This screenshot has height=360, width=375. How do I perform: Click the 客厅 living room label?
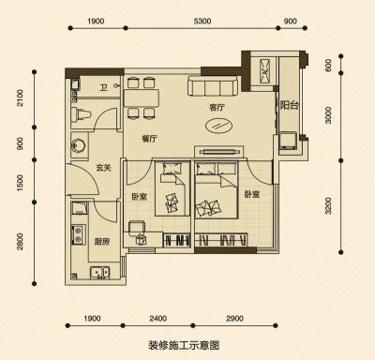(x=217, y=108)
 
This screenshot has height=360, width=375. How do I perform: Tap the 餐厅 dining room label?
(x=149, y=139)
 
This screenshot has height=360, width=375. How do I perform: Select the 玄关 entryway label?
(x=103, y=168)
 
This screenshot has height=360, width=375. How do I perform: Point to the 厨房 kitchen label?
(x=102, y=241)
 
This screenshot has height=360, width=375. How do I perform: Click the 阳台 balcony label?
(x=290, y=105)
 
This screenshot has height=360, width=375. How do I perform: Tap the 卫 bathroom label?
(x=103, y=88)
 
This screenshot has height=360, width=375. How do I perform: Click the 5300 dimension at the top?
(x=202, y=22)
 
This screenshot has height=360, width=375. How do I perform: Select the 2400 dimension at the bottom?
(x=157, y=319)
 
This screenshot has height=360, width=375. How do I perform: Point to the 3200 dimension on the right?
(x=328, y=206)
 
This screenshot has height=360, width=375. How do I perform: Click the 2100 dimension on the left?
(x=20, y=97)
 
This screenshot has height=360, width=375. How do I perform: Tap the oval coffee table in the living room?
(x=219, y=126)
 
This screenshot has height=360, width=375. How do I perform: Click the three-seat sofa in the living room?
(x=212, y=86)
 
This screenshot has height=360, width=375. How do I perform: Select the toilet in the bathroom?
(x=81, y=114)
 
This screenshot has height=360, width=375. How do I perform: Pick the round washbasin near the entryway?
(x=78, y=146)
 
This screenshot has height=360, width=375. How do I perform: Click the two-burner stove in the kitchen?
(x=77, y=234)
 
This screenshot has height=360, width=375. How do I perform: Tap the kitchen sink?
(x=100, y=272)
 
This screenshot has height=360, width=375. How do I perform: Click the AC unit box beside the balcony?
(x=264, y=71)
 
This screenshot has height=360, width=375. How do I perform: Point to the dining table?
(x=142, y=98)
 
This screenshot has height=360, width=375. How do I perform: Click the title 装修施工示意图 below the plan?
(x=184, y=346)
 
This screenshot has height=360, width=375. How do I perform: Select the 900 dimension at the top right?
(x=291, y=22)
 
